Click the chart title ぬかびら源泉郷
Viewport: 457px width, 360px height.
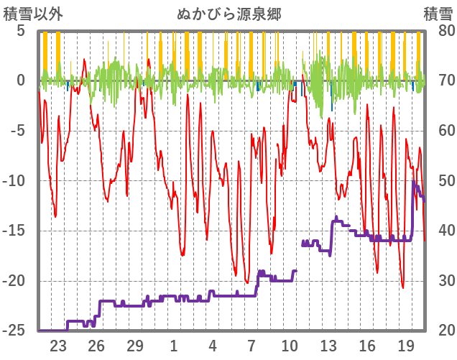point(228,14)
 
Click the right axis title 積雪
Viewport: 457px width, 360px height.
point(438,14)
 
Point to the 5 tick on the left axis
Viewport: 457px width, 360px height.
point(21,31)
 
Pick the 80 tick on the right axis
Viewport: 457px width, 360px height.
point(439,31)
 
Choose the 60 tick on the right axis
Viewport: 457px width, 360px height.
point(439,131)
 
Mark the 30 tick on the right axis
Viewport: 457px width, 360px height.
point(439,281)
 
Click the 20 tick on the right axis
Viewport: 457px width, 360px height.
point(439,331)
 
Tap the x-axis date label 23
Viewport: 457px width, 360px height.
point(58,344)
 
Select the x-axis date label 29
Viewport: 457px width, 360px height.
point(135,344)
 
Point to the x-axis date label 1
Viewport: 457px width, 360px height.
point(174,344)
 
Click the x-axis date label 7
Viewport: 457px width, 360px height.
point(251,344)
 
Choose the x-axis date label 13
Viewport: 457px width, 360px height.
point(328,344)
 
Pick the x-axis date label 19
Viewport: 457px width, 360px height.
point(406,344)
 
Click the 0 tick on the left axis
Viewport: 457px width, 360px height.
point(21,80)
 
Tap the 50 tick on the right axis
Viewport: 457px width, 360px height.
point(439,181)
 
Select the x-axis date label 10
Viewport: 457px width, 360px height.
point(290,344)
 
